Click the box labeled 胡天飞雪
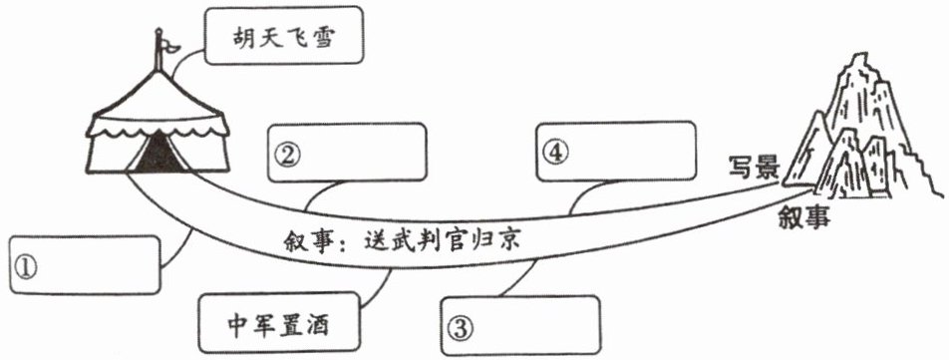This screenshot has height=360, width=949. (284, 35)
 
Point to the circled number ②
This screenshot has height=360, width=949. (286, 156)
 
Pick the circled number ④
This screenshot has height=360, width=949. (555, 153)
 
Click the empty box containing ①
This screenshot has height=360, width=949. (86, 265)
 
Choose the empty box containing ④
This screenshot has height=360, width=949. (616, 152)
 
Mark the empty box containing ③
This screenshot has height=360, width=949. (520, 325)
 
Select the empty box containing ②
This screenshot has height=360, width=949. (347, 153)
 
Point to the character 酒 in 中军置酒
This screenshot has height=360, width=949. (317, 324)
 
